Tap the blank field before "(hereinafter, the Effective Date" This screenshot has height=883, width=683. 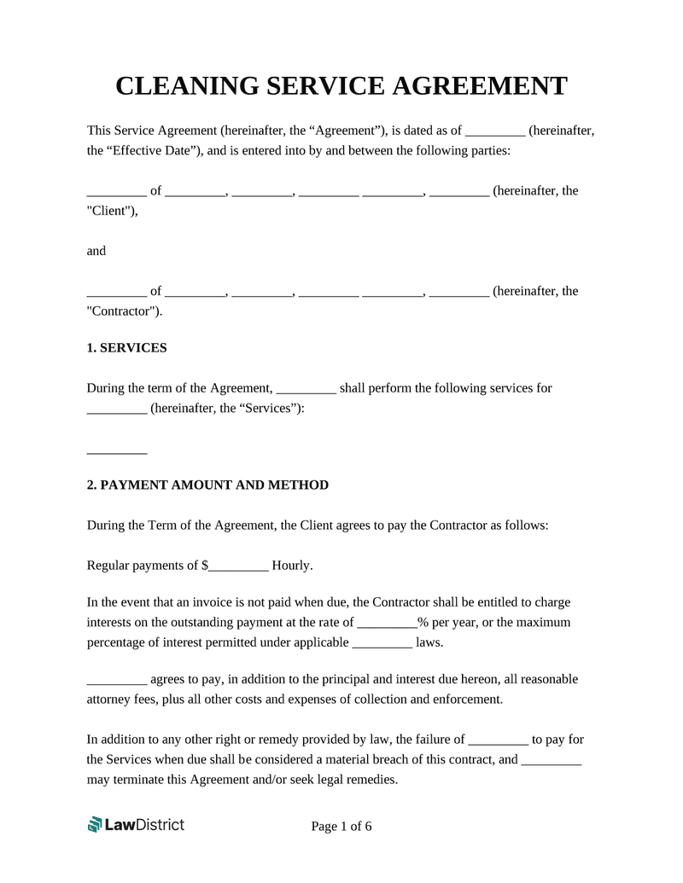coord(495,131)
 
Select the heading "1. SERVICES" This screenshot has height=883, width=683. coord(127,348)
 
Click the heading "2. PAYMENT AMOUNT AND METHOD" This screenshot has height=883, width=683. coord(207,485)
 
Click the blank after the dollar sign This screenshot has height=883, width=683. coord(239,566)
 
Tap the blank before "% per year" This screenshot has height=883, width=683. coord(386,623)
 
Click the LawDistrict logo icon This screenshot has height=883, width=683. coord(95,824)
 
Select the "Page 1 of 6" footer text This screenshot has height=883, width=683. coord(341,827)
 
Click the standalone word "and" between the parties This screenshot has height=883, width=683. coord(96,252)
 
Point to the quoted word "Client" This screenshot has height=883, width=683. coord(108,212)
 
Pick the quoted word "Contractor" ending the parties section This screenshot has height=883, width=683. coord(123,311)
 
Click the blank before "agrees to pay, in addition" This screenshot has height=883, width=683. coord(117,680)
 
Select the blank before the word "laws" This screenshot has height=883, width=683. coord(382,642)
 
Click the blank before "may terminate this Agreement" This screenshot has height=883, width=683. coord(551,759)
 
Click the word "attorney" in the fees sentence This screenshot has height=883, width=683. coord(111,700)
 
